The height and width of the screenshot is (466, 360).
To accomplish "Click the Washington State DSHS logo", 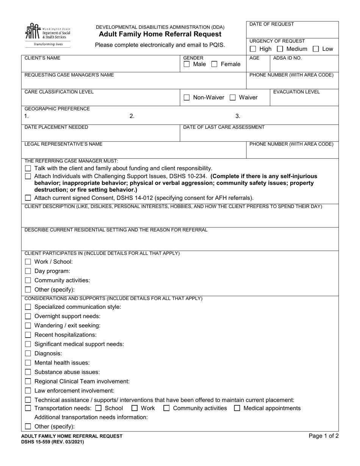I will tap(47, 34).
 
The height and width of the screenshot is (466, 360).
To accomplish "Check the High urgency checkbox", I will tap(253, 49).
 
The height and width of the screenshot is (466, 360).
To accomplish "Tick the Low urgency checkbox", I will tap(316, 49).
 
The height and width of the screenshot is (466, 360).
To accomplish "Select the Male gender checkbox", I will tap(186, 64).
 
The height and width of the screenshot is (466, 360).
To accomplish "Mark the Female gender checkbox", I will tap(214, 64).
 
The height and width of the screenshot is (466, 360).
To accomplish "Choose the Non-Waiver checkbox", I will tap(186, 98).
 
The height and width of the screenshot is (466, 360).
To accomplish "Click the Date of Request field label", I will tap(271, 24).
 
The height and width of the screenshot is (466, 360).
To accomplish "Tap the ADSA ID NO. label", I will tap(287, 58).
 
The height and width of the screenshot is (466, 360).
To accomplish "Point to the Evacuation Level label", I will tap(296, 92).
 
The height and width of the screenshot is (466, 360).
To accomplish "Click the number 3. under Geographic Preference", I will tap(238, 116).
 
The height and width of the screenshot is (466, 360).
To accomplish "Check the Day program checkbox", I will tap(28, 271).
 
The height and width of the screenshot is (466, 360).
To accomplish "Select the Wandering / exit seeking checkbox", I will tap(28, 325).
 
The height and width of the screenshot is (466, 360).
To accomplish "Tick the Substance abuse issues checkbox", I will tap(28, 372).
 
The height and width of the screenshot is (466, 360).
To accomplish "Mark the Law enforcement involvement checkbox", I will tap(28, 391).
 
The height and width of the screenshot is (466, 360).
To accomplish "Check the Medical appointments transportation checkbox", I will tap(237, 408).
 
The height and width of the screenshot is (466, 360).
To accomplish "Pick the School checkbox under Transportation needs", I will tap(99, 408).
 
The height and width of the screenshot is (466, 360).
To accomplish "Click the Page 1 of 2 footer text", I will tap(323, 436).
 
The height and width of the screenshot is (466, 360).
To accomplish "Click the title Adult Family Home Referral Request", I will tap(160, 34).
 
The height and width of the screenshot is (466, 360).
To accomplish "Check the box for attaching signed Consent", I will tap(28, 198).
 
